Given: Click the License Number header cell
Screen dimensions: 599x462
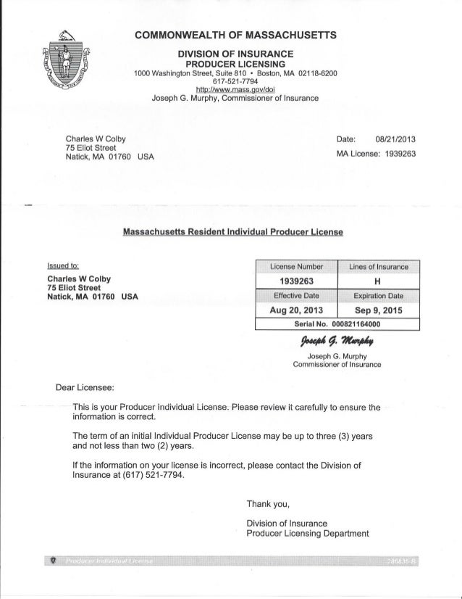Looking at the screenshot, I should point(296,266).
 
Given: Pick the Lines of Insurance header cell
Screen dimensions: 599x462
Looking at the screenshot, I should point(379,266).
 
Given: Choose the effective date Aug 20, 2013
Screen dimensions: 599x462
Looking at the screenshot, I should point(296,309).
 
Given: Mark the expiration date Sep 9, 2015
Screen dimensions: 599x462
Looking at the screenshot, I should point(379,309).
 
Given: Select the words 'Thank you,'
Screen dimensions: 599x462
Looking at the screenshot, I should point(269,505).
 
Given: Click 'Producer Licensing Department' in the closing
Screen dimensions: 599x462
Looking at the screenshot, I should point(308,534).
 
